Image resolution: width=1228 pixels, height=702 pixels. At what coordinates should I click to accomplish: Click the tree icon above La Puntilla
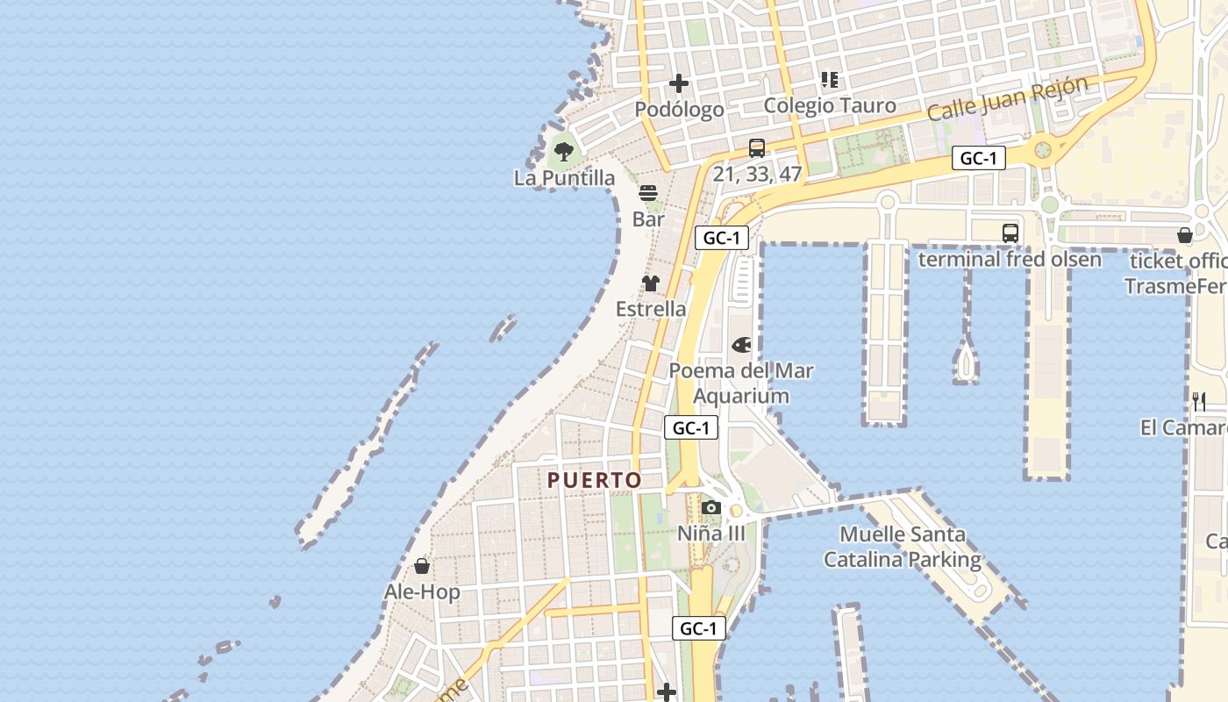(x=563, y=152)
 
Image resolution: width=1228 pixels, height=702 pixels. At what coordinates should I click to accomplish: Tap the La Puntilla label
(x=564, y=178)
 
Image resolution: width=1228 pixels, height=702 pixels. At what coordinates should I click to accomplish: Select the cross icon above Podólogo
(x=679, y=84)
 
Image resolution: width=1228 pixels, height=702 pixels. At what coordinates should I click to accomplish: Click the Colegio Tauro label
(x=830, y=106)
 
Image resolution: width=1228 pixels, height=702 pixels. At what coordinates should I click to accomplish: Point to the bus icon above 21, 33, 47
(x=757, y=148)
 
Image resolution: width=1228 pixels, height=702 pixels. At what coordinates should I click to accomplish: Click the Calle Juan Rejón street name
(x=1007, y=98)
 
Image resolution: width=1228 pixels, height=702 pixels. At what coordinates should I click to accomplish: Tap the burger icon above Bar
(x=648, y=193)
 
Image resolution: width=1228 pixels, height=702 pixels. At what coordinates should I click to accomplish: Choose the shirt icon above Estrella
(x=651, y=283)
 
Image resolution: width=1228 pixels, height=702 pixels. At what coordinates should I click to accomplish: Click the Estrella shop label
(x=651, y=309)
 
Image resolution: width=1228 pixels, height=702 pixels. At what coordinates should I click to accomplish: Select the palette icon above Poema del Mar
(x=741, y=345)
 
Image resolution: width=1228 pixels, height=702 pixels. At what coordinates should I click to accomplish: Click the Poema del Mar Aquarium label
(x=741, y=383)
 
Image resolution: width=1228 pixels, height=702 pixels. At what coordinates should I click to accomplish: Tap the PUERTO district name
(x=595, y=480)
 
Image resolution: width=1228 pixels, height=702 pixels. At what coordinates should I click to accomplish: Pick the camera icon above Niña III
(x=711, y=508)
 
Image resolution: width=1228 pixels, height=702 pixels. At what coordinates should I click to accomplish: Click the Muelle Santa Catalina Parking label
(x=903, y=547)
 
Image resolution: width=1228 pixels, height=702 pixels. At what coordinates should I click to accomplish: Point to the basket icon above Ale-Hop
(x=422, y=566)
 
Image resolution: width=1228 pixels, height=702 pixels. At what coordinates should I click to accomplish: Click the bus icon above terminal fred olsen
(x=1010, y=233)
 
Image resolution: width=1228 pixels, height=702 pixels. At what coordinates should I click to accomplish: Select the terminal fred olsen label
(x=1010, y=260)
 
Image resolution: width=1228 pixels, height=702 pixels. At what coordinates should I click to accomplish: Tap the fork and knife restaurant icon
(x=1199, y=402)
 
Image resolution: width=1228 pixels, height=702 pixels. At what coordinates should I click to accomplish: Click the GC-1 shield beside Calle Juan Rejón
(x=979, y=159)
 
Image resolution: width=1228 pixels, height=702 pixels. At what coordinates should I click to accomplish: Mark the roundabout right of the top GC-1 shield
(x=1043, y=149)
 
